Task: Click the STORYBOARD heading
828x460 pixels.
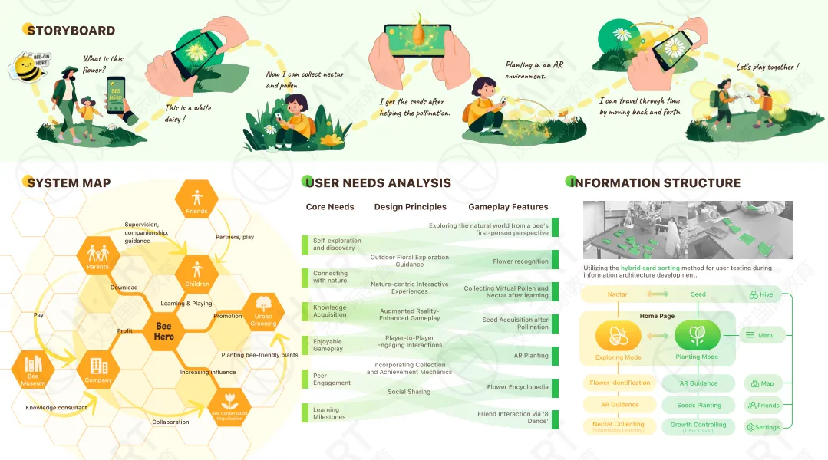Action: click(70, 31)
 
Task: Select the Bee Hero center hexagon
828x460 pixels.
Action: click(163, 330)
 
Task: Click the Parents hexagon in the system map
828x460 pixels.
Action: click(97, 255)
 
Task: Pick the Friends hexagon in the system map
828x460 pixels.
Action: click(197, 199)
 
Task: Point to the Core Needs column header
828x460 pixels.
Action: click(330, 207)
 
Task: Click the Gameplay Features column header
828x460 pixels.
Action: click(508, 207)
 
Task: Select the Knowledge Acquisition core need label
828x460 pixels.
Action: click(330, 311)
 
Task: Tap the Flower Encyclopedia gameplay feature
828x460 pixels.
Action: click(517, 387)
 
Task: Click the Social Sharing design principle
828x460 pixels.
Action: click(409, 392)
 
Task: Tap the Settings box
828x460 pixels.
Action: click(763, 427)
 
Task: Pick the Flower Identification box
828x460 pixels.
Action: click(620, 383)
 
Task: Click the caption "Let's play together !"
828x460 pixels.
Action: click(767, 67)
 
